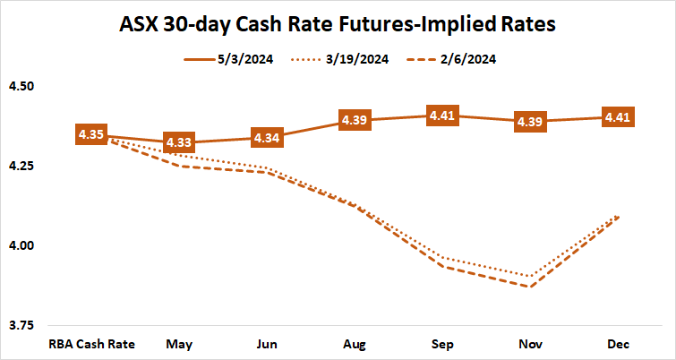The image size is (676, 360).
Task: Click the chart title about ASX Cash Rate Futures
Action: (x=338, y=24)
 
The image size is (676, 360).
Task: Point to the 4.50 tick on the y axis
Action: (x=21, y=86)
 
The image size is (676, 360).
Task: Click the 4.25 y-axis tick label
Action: (x=21, y=166)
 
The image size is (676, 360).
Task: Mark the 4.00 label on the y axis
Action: (x=21, y=245)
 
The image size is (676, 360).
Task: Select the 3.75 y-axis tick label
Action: (x=21, y=324)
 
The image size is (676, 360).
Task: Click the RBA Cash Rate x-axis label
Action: (x=91, y=344)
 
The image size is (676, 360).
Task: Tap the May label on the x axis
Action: (x=179, y=344)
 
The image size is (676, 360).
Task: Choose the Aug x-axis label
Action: (x=355, y=344)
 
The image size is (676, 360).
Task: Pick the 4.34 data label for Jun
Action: (x=267, y=139)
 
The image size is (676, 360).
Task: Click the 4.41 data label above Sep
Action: (x=442, y=116)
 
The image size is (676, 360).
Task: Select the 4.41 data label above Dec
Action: (x=618, y=116)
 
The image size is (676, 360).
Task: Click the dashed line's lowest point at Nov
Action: (x=530, y=287)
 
